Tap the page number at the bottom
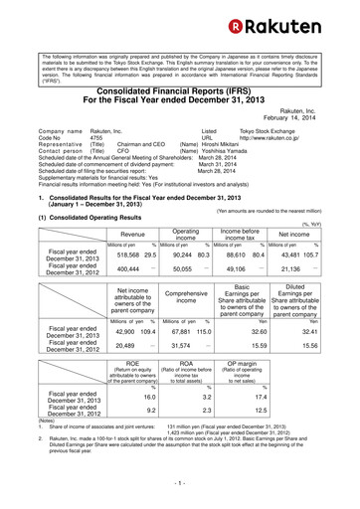click(180, 491)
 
